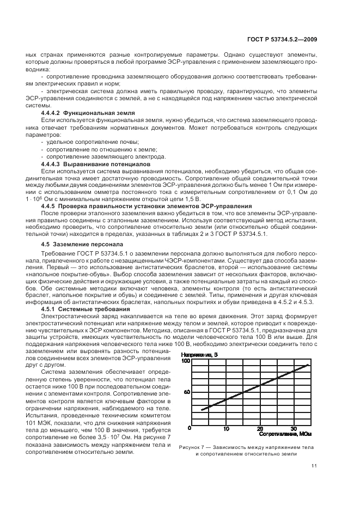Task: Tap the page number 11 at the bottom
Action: [314, 465]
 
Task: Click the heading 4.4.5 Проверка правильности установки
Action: [146, 206]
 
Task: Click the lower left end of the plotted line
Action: [201, 410]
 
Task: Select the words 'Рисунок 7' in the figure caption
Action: [192, 447]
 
